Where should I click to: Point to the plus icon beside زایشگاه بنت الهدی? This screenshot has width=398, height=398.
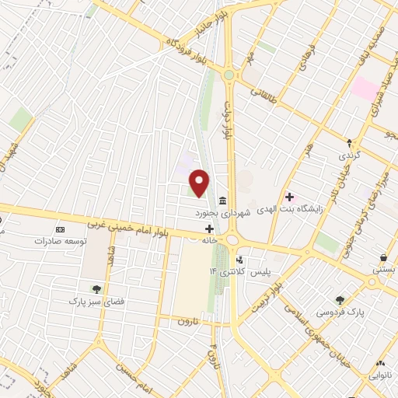tap(290, 197)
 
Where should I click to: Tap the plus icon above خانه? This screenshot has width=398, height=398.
tap(209, 229)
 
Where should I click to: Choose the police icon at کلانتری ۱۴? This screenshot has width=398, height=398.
tap(239, 260)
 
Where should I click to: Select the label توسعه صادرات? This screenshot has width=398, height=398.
tap(53, 241)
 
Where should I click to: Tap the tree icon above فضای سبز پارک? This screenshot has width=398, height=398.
tap(96, 288)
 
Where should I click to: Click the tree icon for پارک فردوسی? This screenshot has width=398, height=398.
tap(340, 299)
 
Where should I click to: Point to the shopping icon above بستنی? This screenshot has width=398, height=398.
tap(383, 258)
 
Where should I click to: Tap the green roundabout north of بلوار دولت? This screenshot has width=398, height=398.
tap(229, 75)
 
